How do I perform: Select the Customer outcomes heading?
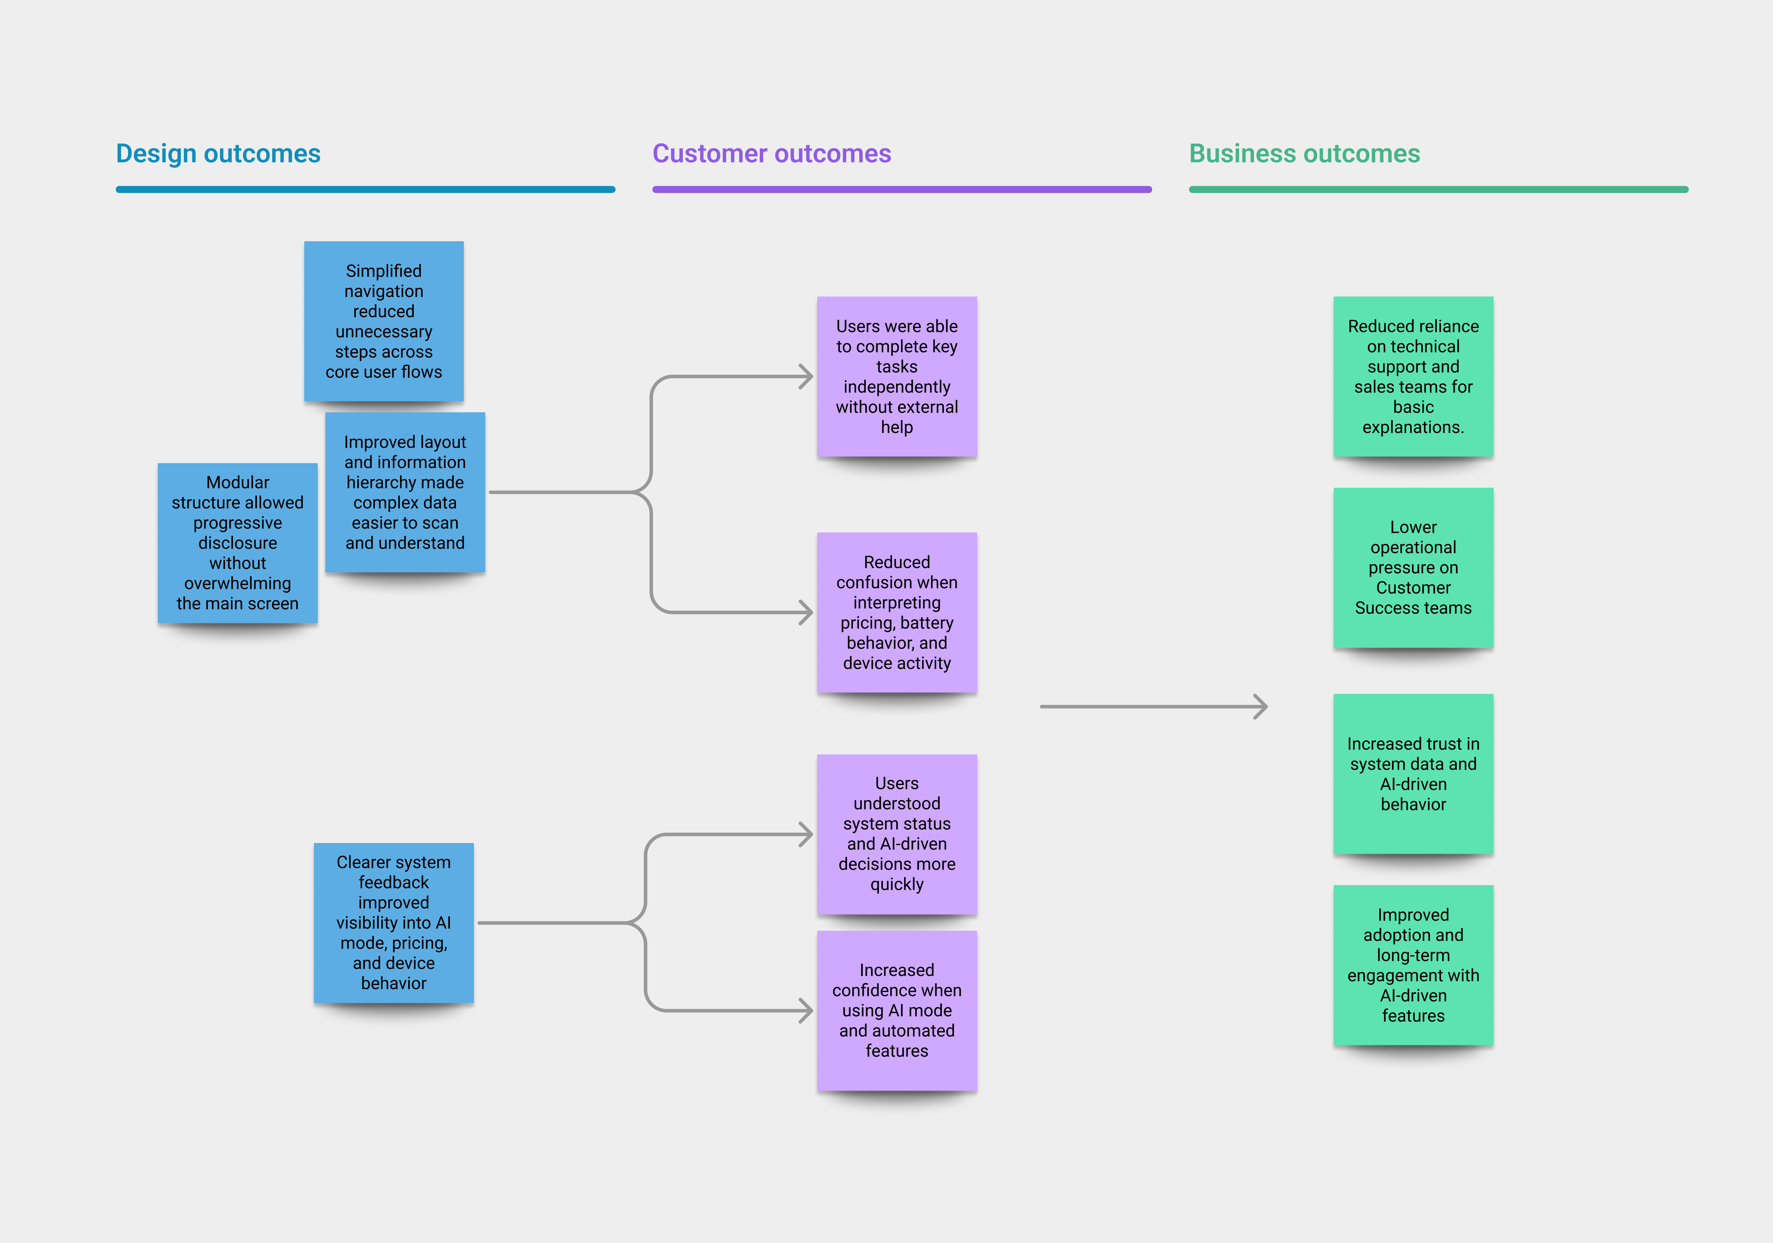pos(771,154)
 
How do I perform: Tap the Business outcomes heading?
pos(1304,154)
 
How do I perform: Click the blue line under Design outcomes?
pos(365,189)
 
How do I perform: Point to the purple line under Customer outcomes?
pos(902,189)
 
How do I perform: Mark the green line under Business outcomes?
pos(1439,189)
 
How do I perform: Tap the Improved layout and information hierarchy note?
pos(405,492)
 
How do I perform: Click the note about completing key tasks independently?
pos(896,376)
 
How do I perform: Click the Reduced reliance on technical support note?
pos(1413,376)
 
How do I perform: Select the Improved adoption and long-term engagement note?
pos(1413,965)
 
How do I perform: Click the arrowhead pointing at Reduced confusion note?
pos(807,613)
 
